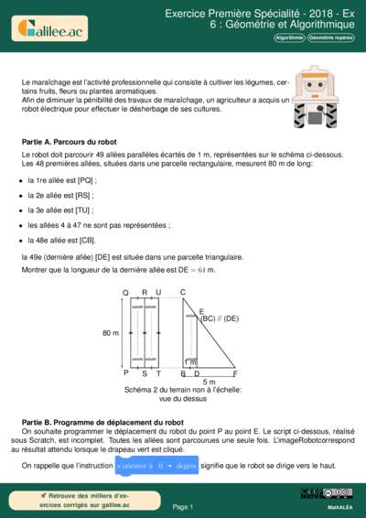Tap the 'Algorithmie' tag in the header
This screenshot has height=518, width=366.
[x=289, y=38]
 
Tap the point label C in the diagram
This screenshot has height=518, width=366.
[x=183, y=292]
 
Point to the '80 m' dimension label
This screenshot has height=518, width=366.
[x=111, y=333]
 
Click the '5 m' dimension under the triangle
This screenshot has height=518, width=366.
[x=209, y=382]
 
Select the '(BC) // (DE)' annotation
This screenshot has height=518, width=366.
[x=219, y=318]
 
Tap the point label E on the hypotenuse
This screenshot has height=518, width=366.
[x=200, y=311]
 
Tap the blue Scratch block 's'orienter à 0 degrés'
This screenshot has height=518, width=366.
[x=157, y=466]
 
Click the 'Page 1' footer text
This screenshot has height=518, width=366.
[x=182, y=506]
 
